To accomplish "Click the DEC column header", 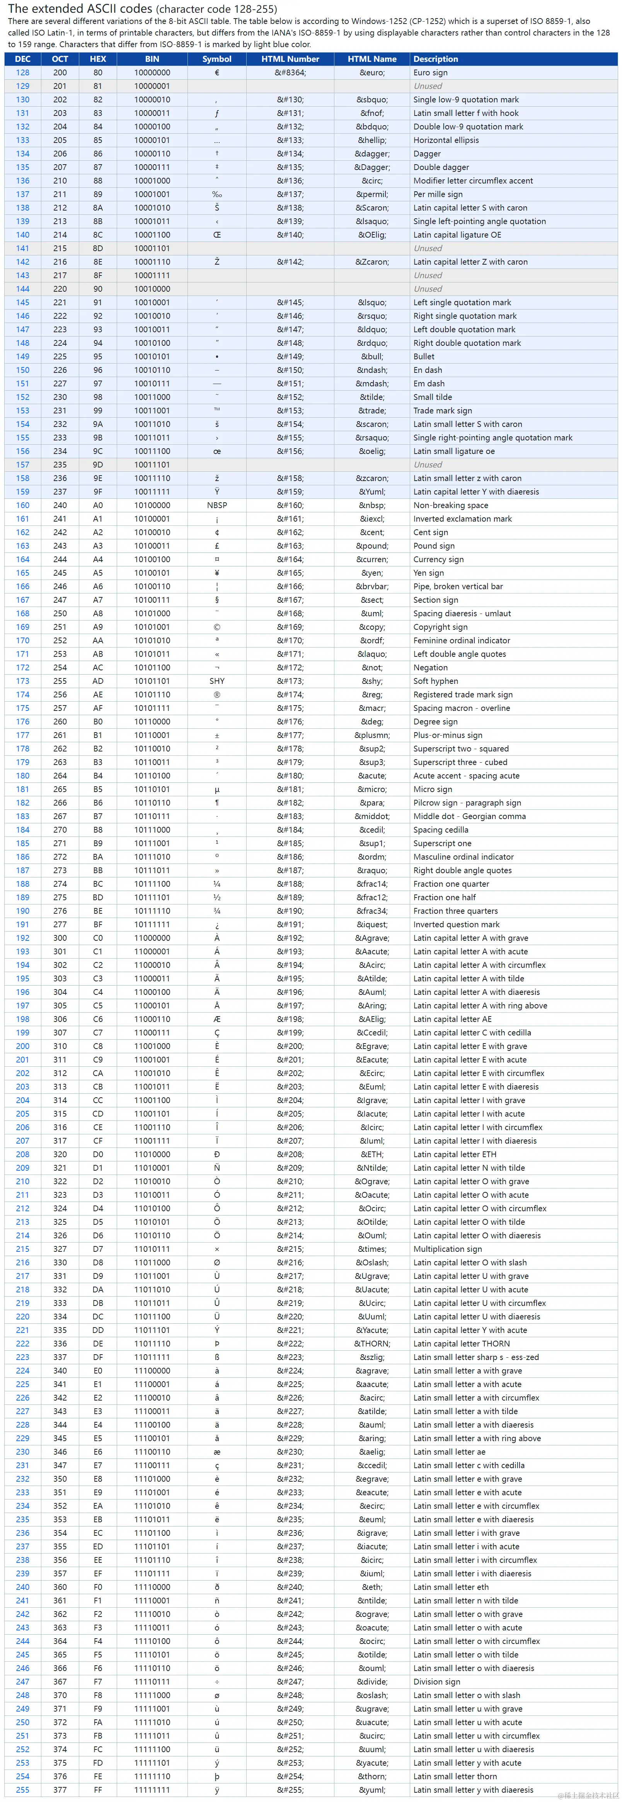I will [x=22, y=59].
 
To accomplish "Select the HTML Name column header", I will [x=371, y=59].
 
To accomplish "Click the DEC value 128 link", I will [x=22, y=73].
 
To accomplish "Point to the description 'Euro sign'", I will [x=430, y=73].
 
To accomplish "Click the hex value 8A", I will [x=98, y=208].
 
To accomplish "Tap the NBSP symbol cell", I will [x=217, y=505].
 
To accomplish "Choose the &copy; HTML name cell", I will [x=371, y=627].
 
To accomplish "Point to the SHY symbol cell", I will [x=217, y=681].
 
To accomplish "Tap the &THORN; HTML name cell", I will [x=371, y=1344].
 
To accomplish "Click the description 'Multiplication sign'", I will [x=447, y=1249].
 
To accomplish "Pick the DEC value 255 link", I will [x=22, y=1790].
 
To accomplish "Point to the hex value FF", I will [x=98, y=1790].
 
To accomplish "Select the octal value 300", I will [x=60, y=938].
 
